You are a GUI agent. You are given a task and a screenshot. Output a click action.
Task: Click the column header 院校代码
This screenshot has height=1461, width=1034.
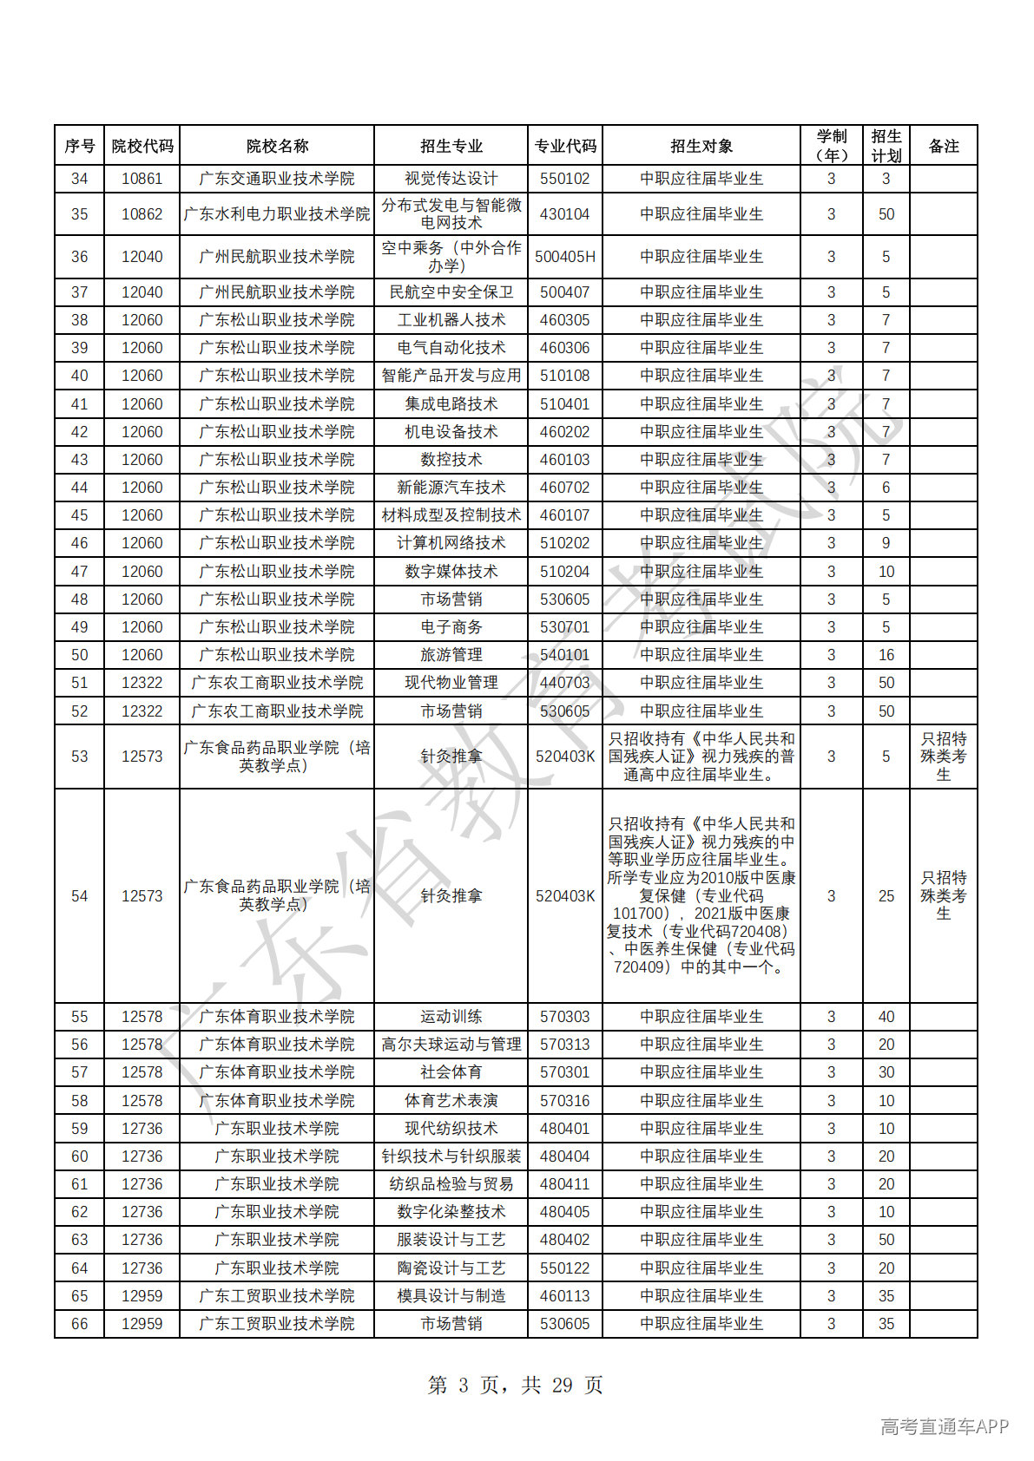[x=142, y=146]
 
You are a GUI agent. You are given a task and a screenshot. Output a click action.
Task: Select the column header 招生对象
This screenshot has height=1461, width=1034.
[x=701, y=146]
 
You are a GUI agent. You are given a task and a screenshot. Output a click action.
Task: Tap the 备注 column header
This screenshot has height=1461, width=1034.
[x=943, y=146]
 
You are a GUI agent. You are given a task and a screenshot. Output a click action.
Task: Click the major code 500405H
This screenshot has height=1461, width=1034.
[x=564, y=257]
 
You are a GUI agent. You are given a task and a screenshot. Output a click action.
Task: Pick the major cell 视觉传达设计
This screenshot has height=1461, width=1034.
[x=451, y=179]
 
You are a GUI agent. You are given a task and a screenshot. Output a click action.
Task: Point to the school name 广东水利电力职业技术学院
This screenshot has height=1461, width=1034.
[x=276, y=214]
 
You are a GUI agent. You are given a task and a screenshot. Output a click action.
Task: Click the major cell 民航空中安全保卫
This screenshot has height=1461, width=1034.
[x=451, y=292]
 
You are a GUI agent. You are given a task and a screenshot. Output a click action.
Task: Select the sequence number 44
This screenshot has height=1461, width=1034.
[x=79, y=488]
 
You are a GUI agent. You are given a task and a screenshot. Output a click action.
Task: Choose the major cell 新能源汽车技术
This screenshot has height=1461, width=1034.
[x=451, y=488]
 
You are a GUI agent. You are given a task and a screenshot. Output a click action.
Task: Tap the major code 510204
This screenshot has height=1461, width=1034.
[x=564, y=572]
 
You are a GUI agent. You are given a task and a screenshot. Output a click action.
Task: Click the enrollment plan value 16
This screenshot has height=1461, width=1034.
[x=886, y=655]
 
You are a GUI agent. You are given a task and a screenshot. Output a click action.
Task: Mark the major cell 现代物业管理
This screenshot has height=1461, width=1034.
[x=451, y=683]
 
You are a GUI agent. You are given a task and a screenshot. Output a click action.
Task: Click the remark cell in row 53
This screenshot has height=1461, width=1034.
[x=943, y=757]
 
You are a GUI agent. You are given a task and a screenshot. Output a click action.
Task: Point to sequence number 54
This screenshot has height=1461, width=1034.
[x=79, y=896]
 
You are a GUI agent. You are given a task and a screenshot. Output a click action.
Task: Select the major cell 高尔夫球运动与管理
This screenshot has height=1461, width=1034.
[x=451, y=1045]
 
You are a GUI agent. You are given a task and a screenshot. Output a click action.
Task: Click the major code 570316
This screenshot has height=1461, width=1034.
[x=564, y=1101]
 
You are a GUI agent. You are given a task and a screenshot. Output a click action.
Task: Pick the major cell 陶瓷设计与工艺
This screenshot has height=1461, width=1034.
[x=451, y=1268]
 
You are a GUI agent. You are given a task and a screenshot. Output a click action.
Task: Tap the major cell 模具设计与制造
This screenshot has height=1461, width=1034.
[x=451, y=1296]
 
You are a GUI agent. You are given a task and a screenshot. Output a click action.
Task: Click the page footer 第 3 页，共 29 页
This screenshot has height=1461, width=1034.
[x=516, y=1386]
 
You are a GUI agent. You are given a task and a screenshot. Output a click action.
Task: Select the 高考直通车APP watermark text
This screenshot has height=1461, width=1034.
[x=944, y=1426]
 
